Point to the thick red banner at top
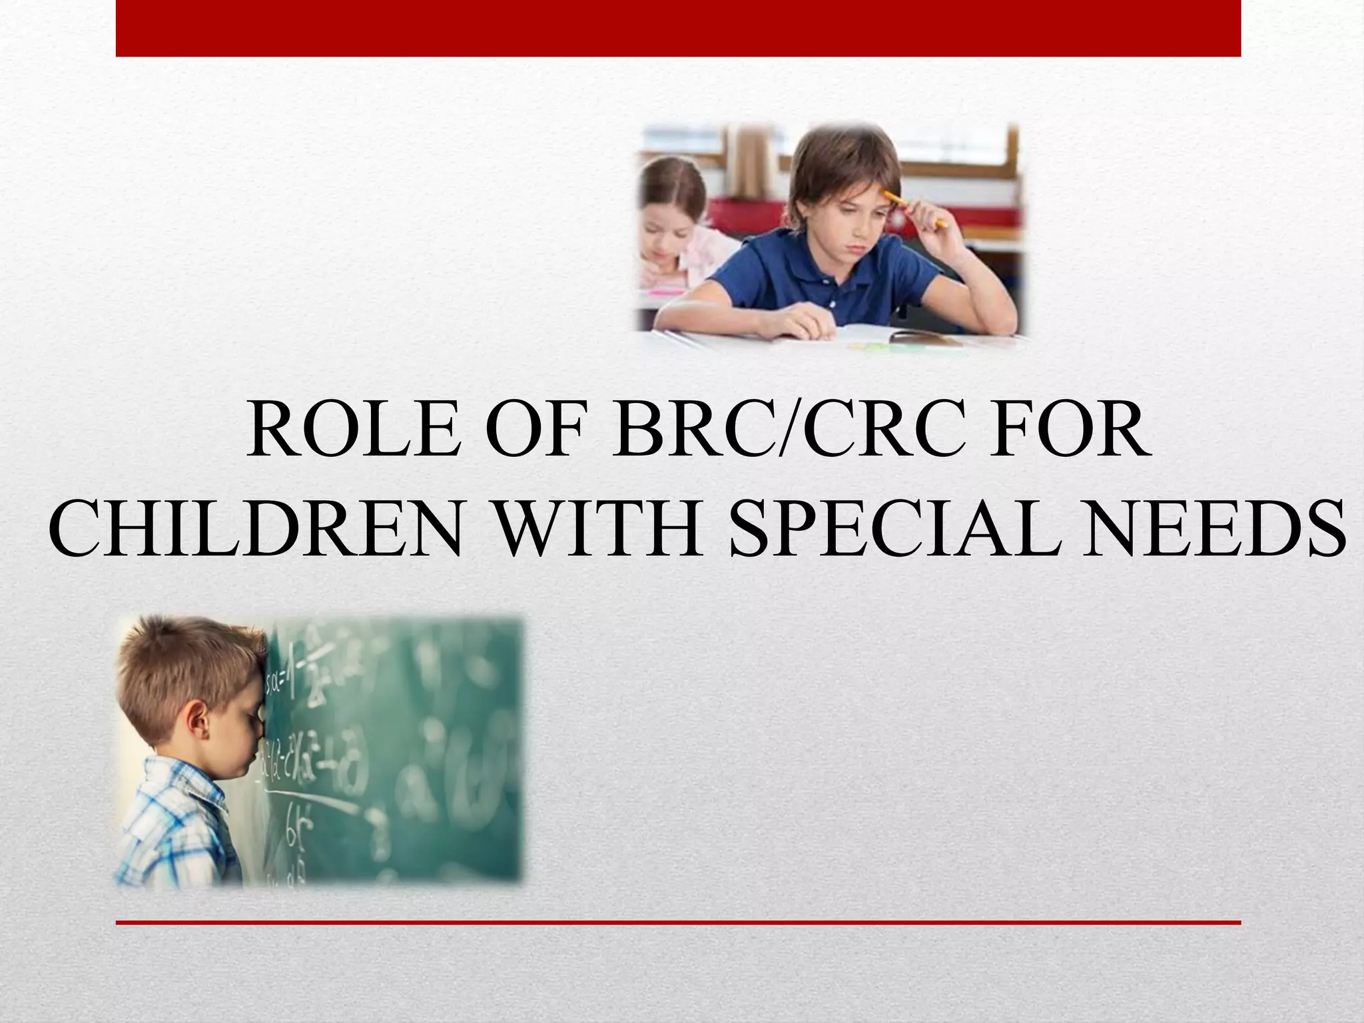tap(678, 28)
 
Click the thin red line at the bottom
tap(678, 922)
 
